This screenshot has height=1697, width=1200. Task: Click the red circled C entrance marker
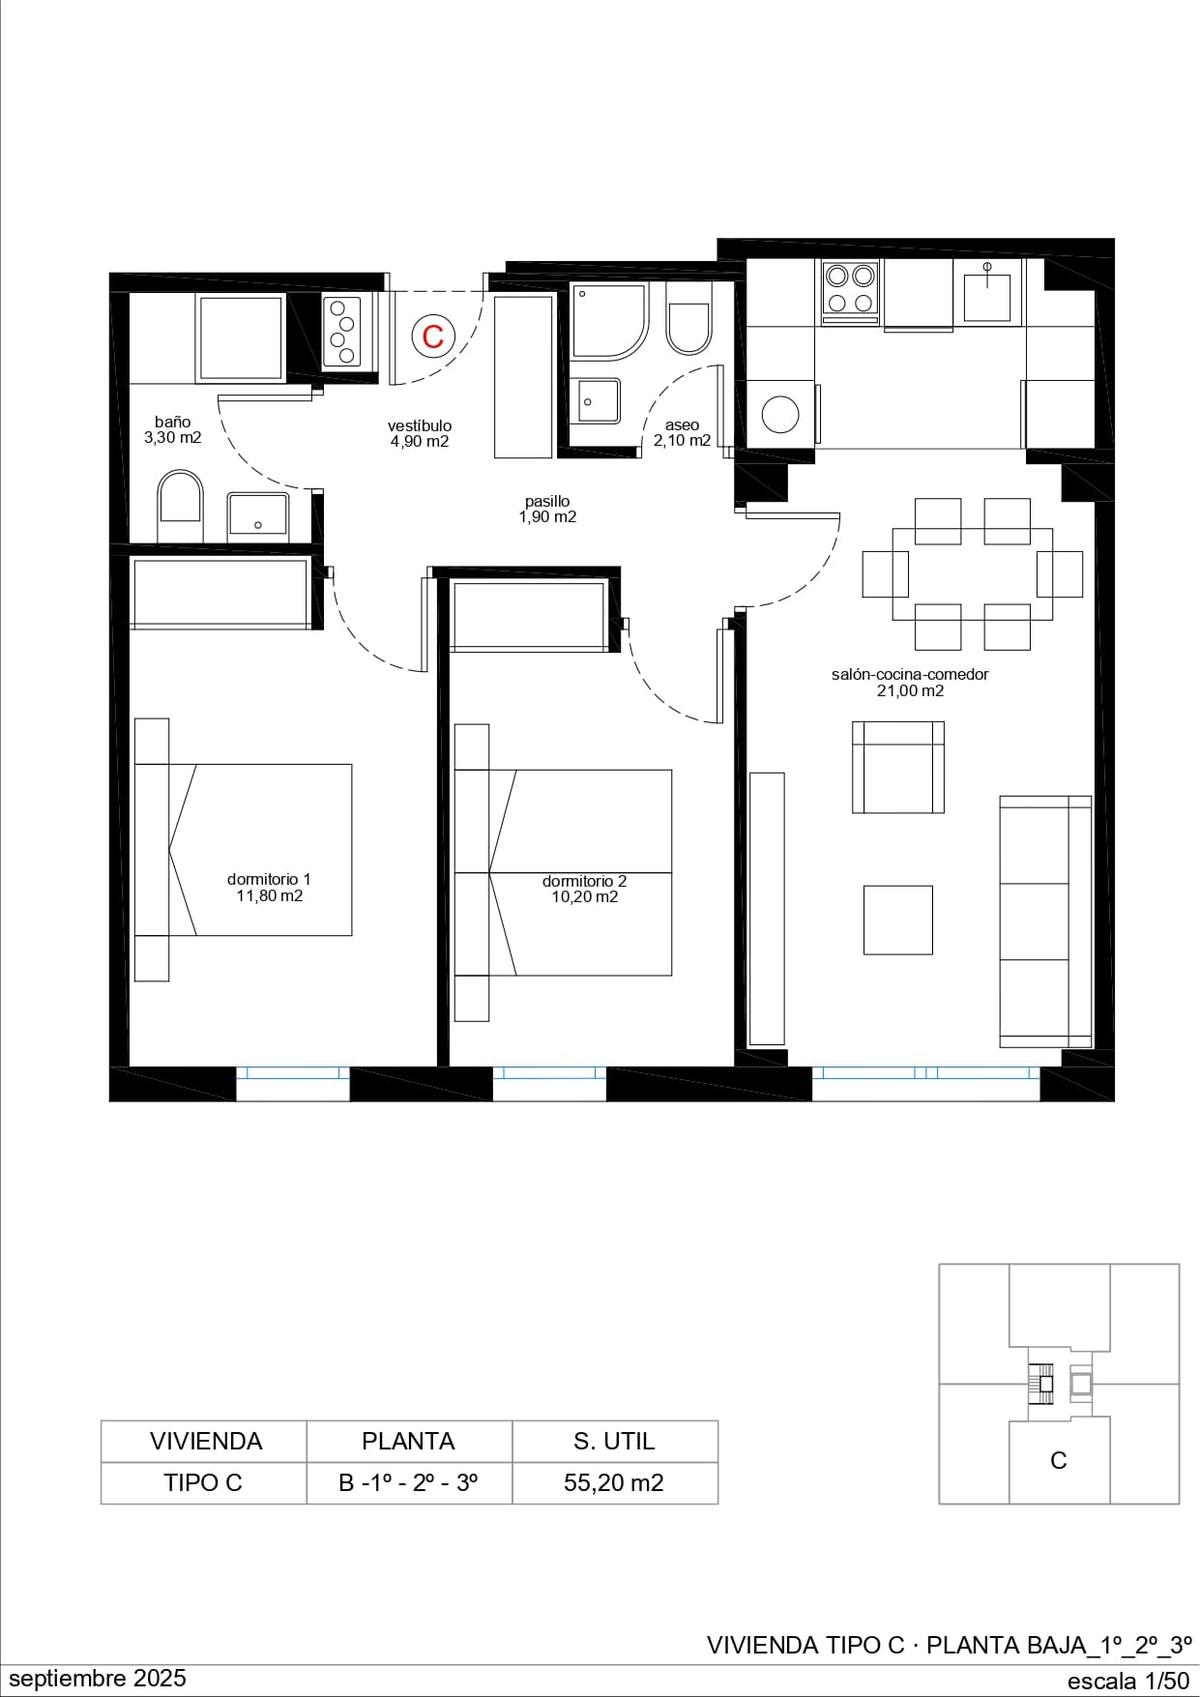click(433, 336)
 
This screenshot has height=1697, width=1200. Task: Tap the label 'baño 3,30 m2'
click(173, 430)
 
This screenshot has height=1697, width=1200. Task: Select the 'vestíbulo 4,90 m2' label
click(420, 433)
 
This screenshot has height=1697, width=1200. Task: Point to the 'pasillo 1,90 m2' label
click(548, 509)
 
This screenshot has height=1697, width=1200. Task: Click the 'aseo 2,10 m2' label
click(682, 433)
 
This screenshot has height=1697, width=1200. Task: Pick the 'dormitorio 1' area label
click(269, 887)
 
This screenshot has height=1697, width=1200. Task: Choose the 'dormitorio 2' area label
click(585, 889)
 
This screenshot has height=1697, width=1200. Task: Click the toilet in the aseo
click(689, 329)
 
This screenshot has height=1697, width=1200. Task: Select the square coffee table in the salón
click(898, 920)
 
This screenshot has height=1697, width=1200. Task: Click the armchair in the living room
click(898, 767)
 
